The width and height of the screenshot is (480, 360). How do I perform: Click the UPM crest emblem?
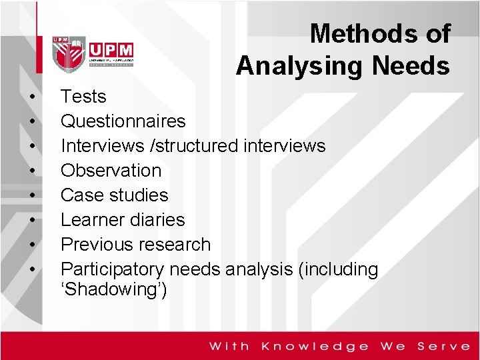pyautogui.click(x=69, y=52)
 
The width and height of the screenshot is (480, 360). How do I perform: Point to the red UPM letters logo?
pyautogui.click(x=111, y=51)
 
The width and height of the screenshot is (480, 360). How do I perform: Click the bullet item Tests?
pyautogui.click(x=83, y=97)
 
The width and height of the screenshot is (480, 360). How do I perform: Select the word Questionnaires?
pyautogui.click(x=123, y=121)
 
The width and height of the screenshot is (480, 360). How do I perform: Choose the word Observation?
pyautogui.click(x=111, y=170)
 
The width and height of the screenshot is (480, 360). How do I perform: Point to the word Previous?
pyautogui.click(x=97, y=244)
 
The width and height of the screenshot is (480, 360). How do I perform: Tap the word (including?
pyautogui.click(x=339, y=269)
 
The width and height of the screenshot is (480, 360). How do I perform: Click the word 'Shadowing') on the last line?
pyautogui.click(x=114, y=289)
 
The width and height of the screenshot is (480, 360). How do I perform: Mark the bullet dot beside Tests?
pyautogui.click(x=31, y=97)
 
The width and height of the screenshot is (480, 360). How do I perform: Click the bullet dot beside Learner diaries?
pyautogui.click(x=31, y=220)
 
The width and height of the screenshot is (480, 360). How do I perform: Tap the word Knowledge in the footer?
pyautogui.click(x=315, y=346)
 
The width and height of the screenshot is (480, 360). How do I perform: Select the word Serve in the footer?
pyautogui.click(x=444, y=346)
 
